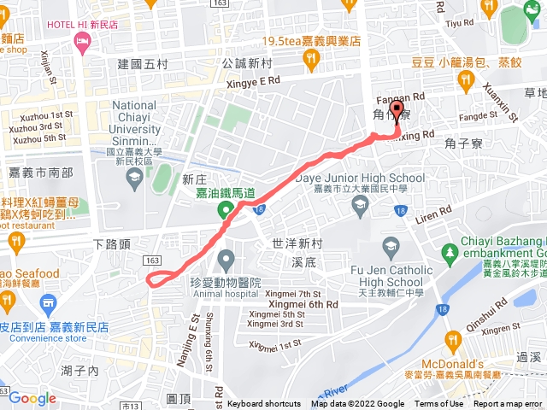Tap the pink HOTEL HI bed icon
pos(82,44)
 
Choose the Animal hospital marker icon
pos(226,257)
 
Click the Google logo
pos(32,398)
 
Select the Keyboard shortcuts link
pos(264,404)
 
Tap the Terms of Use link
pos(438,404)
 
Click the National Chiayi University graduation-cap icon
pos(134,178)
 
